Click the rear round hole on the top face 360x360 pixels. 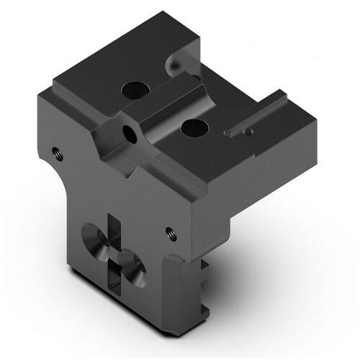click(x=134, y=90)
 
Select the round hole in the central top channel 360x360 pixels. click(x=194, y=129)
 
